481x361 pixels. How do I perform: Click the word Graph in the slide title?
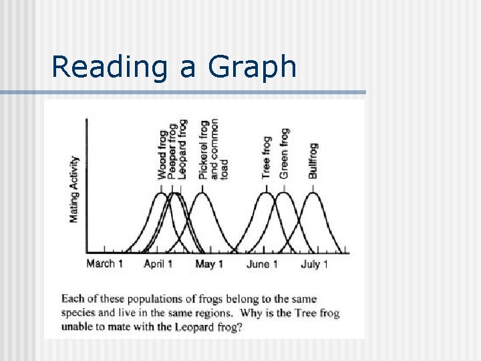(x=253, y=67)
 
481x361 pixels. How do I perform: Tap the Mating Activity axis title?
(x=74, y=189)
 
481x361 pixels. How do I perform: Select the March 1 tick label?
(x=104, y=264)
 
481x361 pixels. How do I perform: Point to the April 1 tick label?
(x=158, y=264)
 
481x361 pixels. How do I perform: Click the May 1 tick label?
(x=209, y=264)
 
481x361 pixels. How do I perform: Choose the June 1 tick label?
(x=263, y=264)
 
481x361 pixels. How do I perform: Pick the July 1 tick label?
(x=315, y=264)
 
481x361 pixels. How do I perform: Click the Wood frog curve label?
(x=162, y=155)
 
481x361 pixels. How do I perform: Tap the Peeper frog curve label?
(x=172, y=152)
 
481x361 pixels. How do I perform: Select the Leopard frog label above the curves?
(x=182, y=150)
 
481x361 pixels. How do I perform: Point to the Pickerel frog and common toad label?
(x=213, y=149)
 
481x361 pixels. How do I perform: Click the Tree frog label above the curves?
(x=267, y=157)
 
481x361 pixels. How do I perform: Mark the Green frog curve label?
(x=284, y=153)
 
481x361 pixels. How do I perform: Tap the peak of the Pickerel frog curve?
(x=202, y=193)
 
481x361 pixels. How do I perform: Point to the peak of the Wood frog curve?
(x=161, y=193)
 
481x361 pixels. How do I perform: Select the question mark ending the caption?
(x=240, y=328)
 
